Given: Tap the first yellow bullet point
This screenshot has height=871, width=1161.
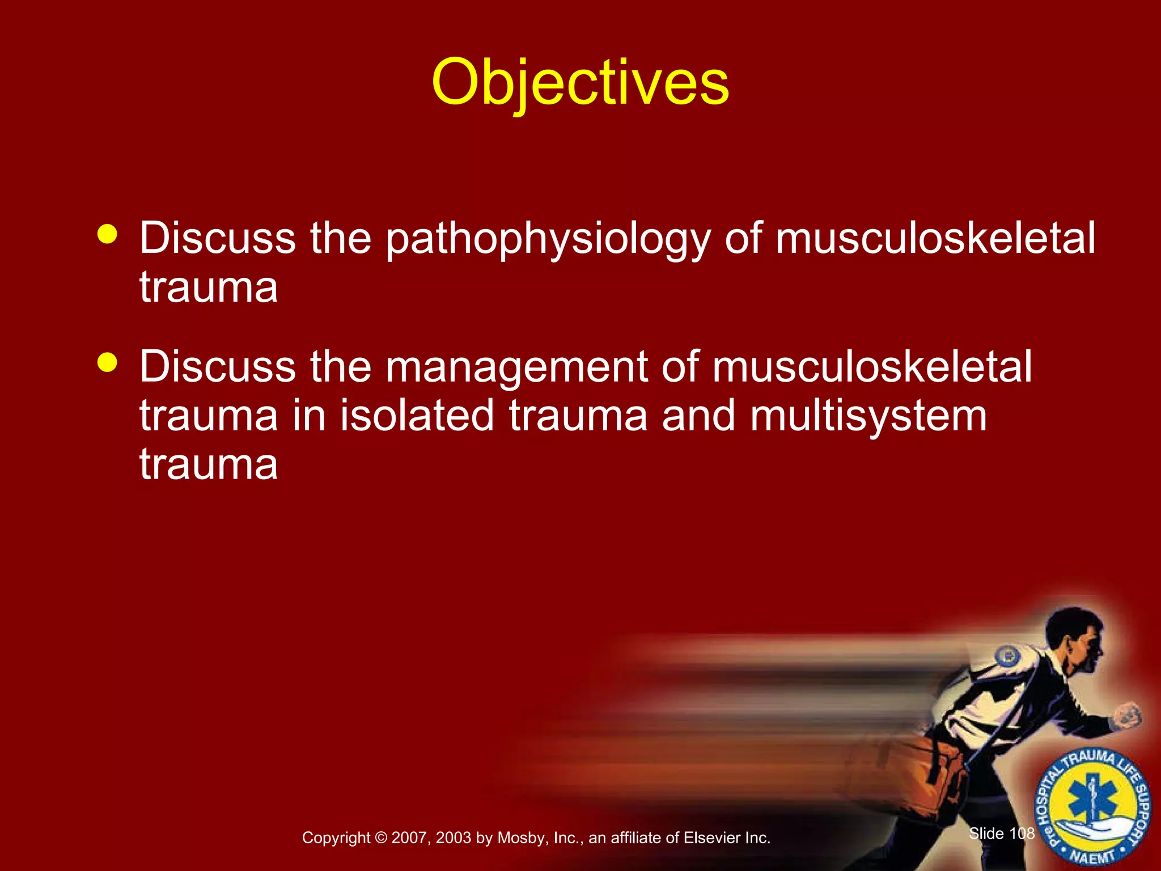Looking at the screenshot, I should pos(107,234).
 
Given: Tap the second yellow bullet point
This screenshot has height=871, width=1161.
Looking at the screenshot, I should pos(107,362).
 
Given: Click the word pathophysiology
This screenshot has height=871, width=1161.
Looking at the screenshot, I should pos(548,238).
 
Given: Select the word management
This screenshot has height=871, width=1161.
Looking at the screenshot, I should pos(516,367).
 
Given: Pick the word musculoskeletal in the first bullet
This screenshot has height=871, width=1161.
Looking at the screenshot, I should pos(935,238).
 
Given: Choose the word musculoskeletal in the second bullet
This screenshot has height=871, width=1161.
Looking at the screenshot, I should pos(872,367).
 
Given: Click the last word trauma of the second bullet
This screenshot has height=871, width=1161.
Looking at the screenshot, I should pos(209,464).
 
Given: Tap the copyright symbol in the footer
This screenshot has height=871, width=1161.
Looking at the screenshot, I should pos(381,838).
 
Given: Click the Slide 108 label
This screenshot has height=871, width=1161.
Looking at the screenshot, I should pos(1001,834).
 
